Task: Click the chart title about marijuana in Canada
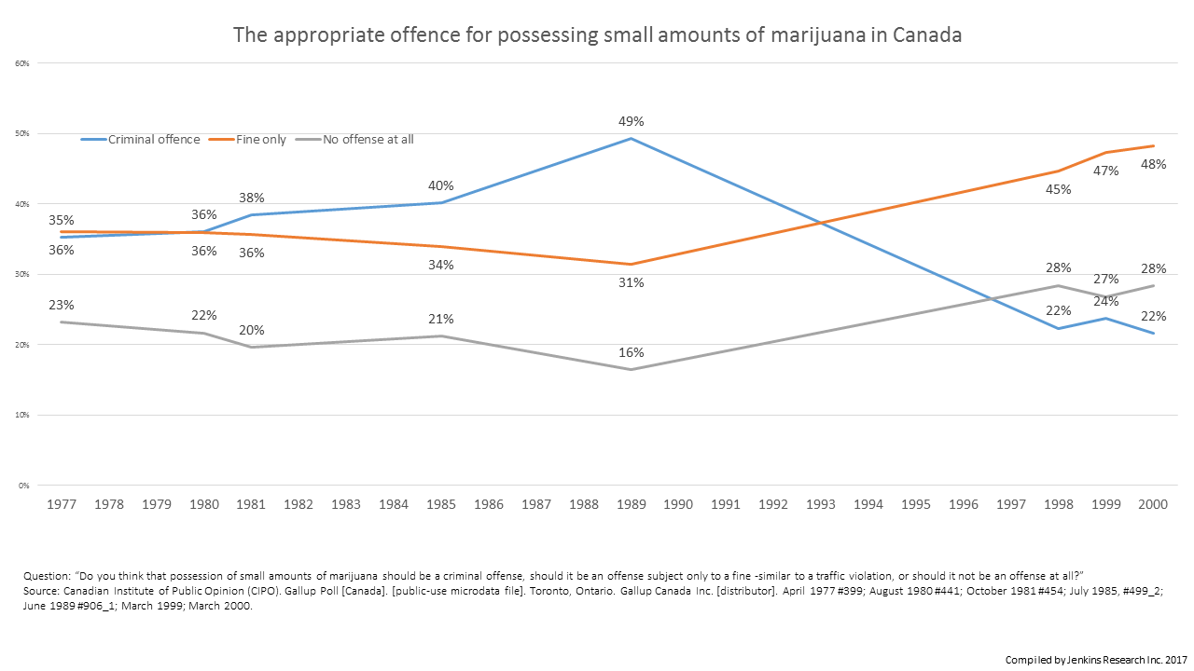point(597,35)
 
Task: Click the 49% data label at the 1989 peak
point(632,121)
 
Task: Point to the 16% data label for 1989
point(632,352)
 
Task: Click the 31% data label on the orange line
point(632,282)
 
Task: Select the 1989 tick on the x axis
point(632,504)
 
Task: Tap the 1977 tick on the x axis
point(62,504)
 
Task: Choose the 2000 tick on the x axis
point(1154,504)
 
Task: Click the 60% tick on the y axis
point(22,63)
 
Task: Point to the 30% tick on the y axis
point(22,275)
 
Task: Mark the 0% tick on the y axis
point(24,486)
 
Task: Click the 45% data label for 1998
point(1059,189)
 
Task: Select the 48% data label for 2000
point(1154,164)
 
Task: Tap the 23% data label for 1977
point(62,305)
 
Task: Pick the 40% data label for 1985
point(441,185)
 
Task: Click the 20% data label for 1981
point(252,330)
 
